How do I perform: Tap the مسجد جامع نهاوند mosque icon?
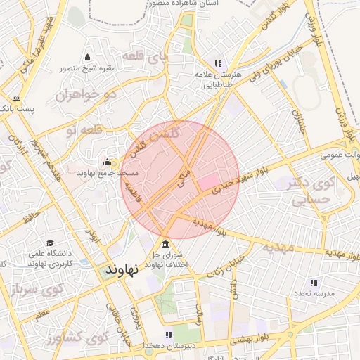tap(107, 162)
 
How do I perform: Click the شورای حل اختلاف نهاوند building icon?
tap(165, 243)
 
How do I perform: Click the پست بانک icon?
tap(17, 98)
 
